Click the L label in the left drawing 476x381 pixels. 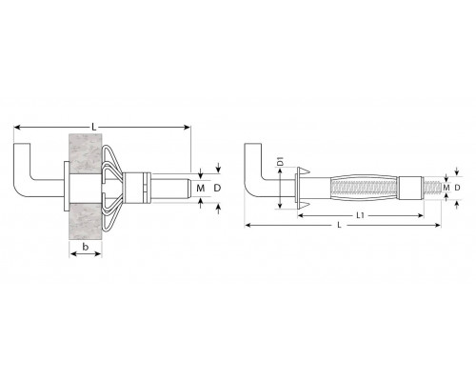pos(93,127)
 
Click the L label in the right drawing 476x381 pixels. pos(339,225)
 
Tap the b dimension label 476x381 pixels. pos(85,247)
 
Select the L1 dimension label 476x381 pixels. pos(360,215)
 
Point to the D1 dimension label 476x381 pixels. pos(280,161)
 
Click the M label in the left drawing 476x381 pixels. pos(200,189)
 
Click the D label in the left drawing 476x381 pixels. pos(217,189)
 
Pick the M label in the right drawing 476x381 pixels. pos(446,188)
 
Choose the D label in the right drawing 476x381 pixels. pos(457,188)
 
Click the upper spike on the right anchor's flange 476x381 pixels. pos(304,171)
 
